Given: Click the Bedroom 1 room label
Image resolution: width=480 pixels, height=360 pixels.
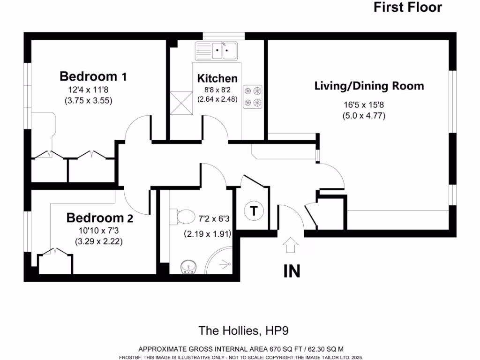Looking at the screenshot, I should (93, 76).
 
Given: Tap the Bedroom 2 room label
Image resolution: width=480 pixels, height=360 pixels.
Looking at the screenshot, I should (99, 218).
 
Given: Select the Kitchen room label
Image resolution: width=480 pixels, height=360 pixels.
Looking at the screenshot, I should (217, 78).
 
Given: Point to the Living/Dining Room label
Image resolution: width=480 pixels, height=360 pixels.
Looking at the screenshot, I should (369, 86).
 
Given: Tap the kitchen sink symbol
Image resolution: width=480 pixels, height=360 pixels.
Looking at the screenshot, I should (217, 50).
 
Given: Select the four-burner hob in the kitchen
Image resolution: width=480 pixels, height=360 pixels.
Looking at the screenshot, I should (253, 97).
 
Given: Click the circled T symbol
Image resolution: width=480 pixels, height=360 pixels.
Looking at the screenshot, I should (254, 210).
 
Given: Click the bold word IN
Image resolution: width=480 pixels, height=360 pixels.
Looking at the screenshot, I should (291, 271).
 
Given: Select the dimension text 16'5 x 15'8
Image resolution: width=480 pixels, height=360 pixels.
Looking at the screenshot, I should (363, 105).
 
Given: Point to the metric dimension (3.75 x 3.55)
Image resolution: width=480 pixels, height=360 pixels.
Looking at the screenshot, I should (88, 100).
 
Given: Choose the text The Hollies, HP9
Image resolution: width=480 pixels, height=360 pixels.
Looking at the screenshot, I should (244, 331).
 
